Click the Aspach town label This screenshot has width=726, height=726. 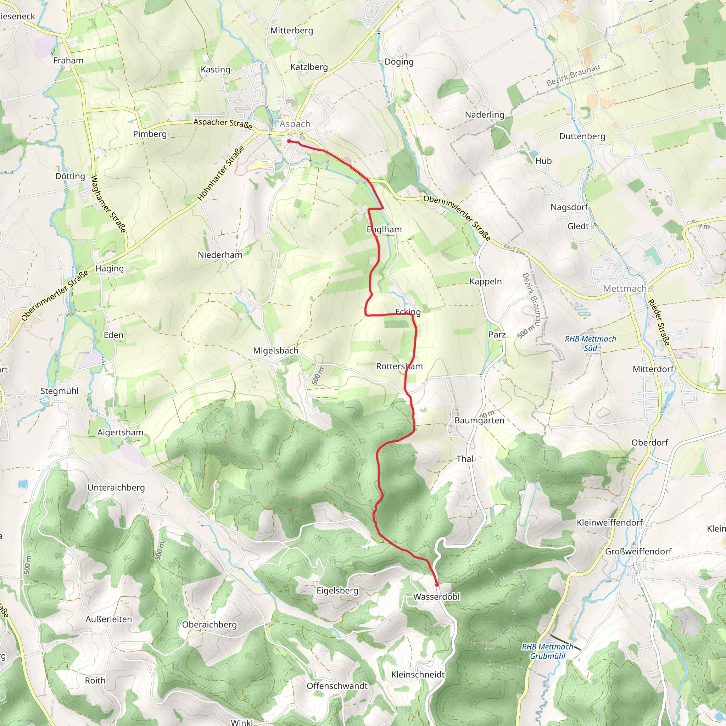(x=295, y=124)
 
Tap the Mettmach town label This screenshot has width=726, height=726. (x=625, y=289)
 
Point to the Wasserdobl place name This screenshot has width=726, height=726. (x=436, y=597)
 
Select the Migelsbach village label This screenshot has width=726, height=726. (x=275, y=351)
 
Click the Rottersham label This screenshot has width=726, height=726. (x=400, y=367)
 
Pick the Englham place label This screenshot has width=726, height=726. (x=384, y=230)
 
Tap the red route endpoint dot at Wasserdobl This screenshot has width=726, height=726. (x=437, y=585)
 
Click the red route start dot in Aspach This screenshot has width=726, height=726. (x=289, y=141)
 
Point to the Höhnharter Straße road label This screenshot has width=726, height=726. (x=220, y=173)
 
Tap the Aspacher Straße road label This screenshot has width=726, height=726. (x=223, y=124)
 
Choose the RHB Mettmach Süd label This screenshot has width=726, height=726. (x=590, y=344)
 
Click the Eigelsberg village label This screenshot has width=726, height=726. (x=337, y=591)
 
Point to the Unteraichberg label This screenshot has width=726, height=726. (x=116, y=488)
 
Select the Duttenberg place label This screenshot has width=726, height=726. (x=582, y=136)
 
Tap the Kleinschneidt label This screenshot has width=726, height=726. (x=418, y=675)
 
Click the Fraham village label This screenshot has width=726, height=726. (x=68, y=61)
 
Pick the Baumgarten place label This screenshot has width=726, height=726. (x=479, y=420)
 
